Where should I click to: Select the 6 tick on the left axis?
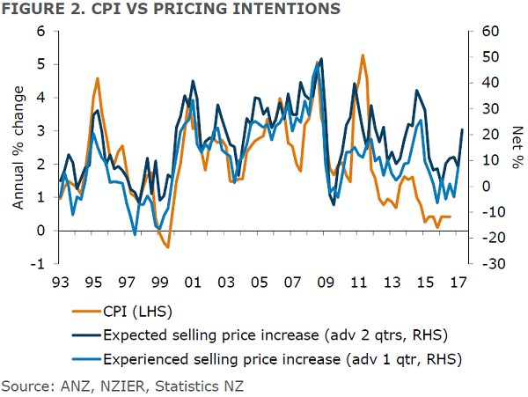coord(40,32)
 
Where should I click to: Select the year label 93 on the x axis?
coord(61,283)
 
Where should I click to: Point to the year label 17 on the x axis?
coord(458,283)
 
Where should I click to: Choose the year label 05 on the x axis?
coord(259,283)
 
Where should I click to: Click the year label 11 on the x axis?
coord(358,283)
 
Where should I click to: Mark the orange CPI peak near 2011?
coord(363,55)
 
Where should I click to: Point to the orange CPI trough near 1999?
coord(167,247)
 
